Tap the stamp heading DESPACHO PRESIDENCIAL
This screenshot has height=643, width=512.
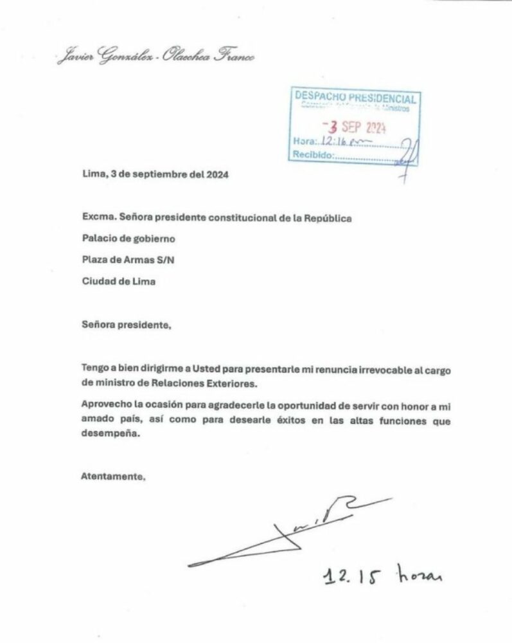coord(355,98)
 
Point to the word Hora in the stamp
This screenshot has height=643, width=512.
coord(303,141)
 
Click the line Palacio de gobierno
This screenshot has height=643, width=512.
coord(128,239)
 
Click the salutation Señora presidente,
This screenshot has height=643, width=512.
coord(127,325)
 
